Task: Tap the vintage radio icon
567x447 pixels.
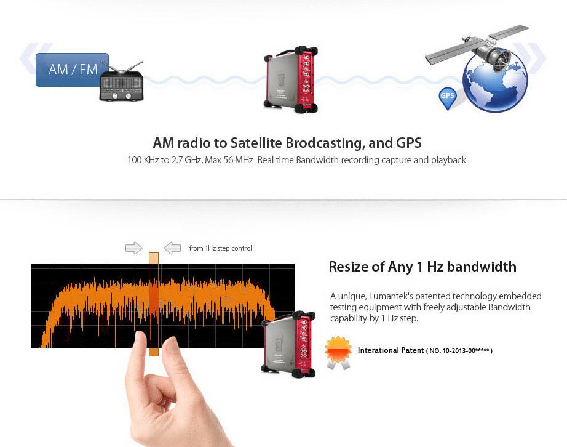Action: (x=122, y=83)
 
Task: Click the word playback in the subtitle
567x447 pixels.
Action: (x=447, y=160)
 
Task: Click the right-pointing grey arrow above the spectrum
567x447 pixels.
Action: (x=133, y=248)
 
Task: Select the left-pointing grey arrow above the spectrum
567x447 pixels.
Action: (x=172, y=248)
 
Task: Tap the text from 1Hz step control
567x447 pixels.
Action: (x=220, y=248)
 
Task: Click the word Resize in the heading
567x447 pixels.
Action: (x=349, y=267)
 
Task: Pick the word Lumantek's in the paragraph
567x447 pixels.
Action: (x=391, y=296)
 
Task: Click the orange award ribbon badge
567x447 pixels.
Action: (x=338, y=352)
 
